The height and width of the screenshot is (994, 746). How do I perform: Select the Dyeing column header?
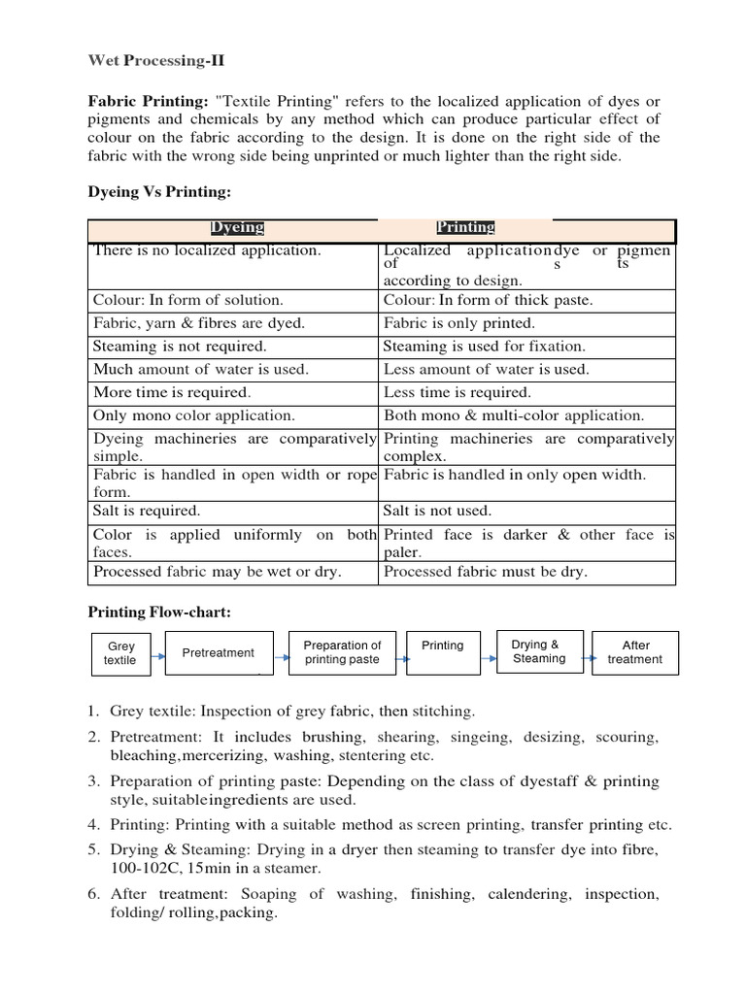[238, 228]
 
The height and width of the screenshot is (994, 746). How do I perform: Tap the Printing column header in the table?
[465, 228]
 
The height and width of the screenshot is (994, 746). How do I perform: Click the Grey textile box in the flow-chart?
[121, 652]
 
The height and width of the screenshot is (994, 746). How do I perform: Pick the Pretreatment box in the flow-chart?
[219, 652]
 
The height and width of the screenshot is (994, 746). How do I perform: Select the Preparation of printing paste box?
[342, 652]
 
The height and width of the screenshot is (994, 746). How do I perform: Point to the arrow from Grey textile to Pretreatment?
[158, 657]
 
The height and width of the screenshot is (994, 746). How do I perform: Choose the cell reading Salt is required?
[147, 511]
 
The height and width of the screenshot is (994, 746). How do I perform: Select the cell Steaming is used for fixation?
[484, 346]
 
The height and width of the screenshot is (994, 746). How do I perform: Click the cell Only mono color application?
[193, 415]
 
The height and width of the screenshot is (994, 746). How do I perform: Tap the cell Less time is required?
[458, 392]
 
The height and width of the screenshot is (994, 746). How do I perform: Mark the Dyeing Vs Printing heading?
[160, 192]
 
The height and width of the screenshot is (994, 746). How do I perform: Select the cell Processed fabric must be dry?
[486, 572]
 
